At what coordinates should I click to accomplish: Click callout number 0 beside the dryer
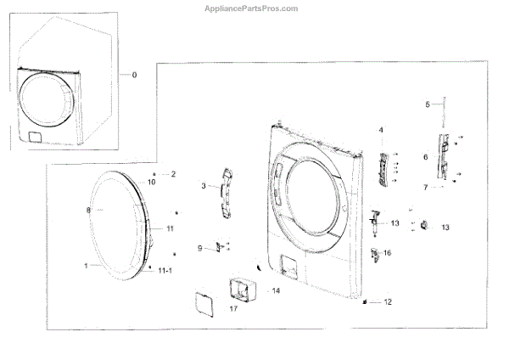(x=133, y=75)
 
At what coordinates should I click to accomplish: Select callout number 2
(x=173, y=174)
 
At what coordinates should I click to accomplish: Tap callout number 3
(x=203, y=185)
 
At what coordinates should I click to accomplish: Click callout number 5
(x=428, y=104)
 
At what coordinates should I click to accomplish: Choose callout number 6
(x=425, y=157)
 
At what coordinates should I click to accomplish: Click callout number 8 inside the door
(x=87, y=209)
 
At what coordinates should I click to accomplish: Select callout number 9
(x=200, y=249)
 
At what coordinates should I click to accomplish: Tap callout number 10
(x=152, y=182)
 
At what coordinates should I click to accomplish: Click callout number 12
(x=389, y=301)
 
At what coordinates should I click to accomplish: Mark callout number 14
(x=275, y=290)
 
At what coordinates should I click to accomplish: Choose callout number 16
(x=388, y=253)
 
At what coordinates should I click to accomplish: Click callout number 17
(x=233, y=308)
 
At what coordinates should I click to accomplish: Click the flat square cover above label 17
(x=204, y=301)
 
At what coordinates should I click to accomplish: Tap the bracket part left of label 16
(x=375, y=253)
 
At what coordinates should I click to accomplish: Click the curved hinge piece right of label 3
(x=226, y=184)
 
